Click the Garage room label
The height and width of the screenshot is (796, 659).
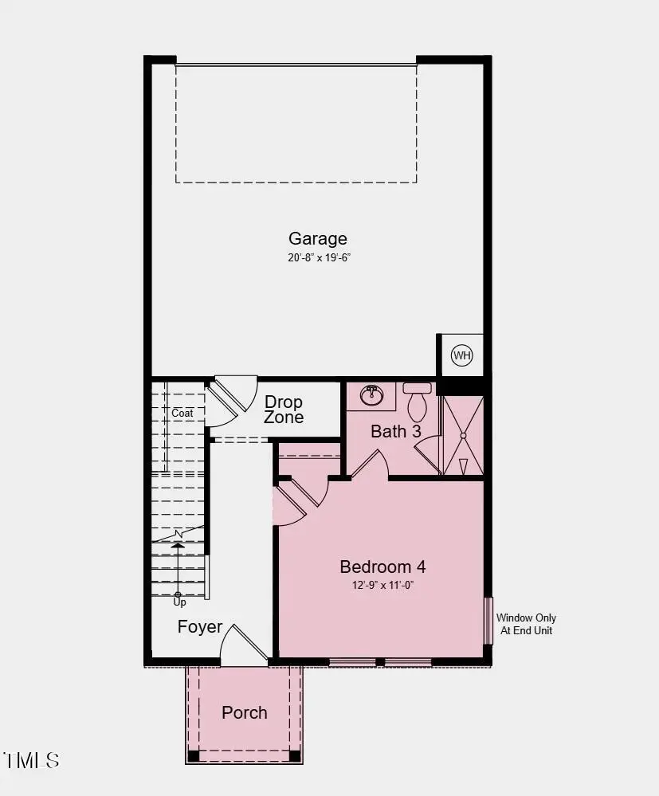[318, 238]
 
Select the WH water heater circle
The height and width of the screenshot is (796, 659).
[462, 355]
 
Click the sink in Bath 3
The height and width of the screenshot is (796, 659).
[371, 394]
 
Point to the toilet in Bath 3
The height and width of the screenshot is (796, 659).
[417, 402]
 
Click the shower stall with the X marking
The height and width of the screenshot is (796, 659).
[463, 435]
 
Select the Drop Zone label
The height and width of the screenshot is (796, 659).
[284, 410]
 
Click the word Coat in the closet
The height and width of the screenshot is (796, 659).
[182, 414]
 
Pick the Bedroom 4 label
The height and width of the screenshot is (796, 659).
[382, 567]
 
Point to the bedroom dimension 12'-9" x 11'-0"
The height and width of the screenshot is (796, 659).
[382, 585]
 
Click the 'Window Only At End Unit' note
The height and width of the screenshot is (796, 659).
[526, 624]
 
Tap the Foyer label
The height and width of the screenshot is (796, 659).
[200, 627]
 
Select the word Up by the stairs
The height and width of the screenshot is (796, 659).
[179, 602]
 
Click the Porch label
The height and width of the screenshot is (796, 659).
[245, 712]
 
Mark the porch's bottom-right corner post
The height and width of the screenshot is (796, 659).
[295, 755]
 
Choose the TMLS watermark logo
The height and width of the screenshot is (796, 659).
[32, 760]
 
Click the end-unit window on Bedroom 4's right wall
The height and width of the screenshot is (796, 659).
[488, 620]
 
